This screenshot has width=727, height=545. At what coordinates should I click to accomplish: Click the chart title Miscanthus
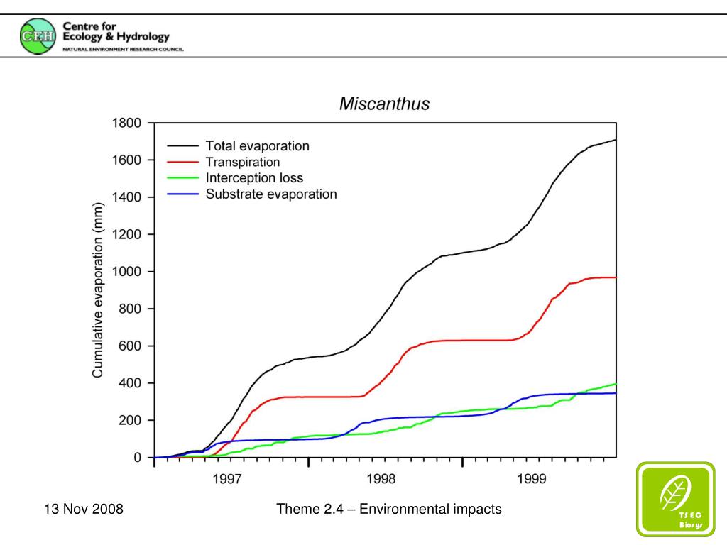click(384, 104)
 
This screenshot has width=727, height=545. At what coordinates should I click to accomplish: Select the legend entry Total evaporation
click(257, 146)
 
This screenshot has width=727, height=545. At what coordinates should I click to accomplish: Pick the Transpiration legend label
click(243, 162)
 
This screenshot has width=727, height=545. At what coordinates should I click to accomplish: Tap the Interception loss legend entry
click(254, 177)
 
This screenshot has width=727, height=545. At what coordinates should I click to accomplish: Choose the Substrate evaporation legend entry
click(271, 194)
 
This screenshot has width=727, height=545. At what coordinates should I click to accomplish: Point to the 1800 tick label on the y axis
click(128, 123)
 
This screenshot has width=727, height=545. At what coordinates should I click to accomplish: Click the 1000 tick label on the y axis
click(128, 272)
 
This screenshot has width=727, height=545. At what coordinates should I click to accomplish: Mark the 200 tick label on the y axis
click(131, 421)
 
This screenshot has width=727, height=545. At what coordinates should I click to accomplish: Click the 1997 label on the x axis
click(229, 479)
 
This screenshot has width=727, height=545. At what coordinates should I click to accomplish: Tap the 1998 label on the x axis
click(383, 479)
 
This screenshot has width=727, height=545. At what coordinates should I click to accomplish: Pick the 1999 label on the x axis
click(532, 479)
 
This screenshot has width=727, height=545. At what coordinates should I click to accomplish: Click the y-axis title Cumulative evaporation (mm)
click(98, 290)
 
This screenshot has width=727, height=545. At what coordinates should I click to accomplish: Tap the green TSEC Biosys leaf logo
click(675, 498)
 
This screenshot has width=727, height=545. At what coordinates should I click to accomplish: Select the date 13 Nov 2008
click(84, 509)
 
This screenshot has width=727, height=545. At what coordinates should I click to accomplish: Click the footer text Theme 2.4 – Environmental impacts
click(389, 509)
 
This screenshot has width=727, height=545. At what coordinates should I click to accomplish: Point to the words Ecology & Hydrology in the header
click(116, 37)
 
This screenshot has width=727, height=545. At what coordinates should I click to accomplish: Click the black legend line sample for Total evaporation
click(182, 146)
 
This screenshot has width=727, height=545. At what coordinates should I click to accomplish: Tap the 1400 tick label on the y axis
click(128, 197)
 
